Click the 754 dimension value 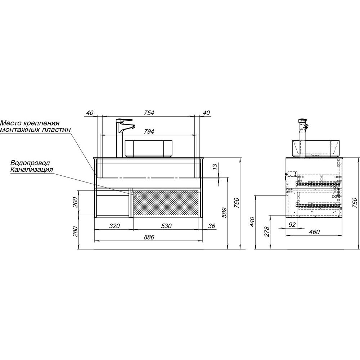click(149, 113)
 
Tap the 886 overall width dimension click(149, 237)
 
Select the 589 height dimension click(224, 213)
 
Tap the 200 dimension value click(75, 203)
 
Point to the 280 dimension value click(75, 232)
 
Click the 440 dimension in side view click(252, 222)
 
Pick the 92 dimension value click(292, 225)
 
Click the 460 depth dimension click(314, 232)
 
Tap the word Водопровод click(30, 163)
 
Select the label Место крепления click(30, 123)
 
